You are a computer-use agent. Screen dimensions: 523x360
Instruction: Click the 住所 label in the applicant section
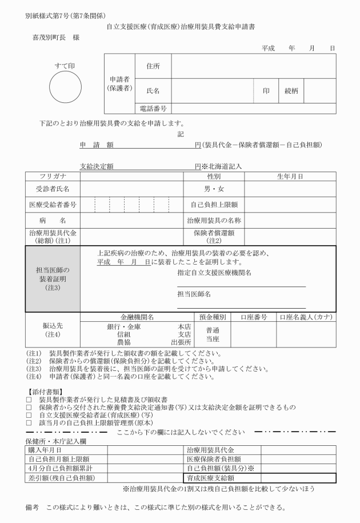point(153,66)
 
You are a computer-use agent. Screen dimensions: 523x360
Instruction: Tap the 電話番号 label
point(153,108)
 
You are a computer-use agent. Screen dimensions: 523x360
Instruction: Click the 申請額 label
point(97,145)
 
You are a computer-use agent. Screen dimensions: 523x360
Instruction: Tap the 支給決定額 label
point(97,166)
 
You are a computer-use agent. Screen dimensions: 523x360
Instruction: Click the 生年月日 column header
point(290,177)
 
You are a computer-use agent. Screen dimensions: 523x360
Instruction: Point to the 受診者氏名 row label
point(53,189)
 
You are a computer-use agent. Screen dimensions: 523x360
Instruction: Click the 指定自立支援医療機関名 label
point(214,273)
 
